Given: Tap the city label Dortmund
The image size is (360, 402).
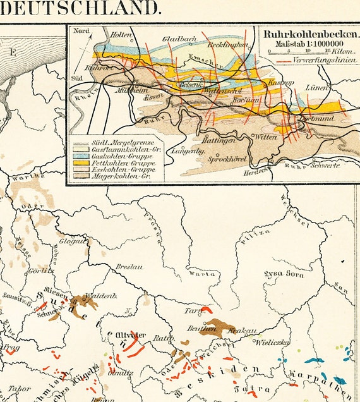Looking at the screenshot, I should pyautogui.click(x=321, y=119).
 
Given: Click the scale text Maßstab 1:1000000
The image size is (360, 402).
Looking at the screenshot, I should pyautogui.click(x=308, y=44).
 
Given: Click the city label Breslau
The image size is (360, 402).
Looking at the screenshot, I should pyautogui.click(x=128, y=267).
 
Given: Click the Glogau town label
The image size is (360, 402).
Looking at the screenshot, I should pyautogui.click(x=71, y=241).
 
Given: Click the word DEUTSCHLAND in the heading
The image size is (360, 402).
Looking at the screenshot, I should pyautogui.click(x=80, y=8).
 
